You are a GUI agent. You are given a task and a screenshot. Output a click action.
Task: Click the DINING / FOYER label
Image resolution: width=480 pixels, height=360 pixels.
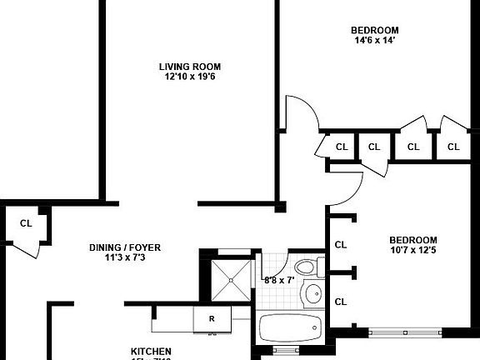pos(125,247)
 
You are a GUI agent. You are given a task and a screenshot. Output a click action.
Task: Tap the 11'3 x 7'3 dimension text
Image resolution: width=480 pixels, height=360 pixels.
pos(125,258)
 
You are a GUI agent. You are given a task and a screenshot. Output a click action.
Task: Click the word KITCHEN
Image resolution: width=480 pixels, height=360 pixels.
pos(151,351)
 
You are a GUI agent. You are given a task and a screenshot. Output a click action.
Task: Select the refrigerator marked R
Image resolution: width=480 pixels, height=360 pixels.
pos(212,318)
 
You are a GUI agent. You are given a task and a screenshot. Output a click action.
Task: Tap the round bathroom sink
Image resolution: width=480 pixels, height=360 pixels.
pos(313,293)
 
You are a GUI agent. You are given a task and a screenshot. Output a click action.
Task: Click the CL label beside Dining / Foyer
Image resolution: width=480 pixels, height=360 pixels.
pos(26,223)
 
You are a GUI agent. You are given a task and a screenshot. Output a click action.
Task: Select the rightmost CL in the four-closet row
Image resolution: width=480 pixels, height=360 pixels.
pos(453,147)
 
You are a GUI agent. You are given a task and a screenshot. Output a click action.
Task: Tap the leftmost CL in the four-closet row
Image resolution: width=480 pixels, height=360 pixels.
pos(340,147)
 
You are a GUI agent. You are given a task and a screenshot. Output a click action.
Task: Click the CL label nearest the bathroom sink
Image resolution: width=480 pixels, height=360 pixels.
pos(340,301)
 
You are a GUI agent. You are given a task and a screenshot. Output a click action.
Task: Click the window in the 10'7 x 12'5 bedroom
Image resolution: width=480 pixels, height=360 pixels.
pos(405,332)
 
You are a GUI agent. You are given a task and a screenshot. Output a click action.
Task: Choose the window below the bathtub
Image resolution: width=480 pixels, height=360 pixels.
pos(285,350)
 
